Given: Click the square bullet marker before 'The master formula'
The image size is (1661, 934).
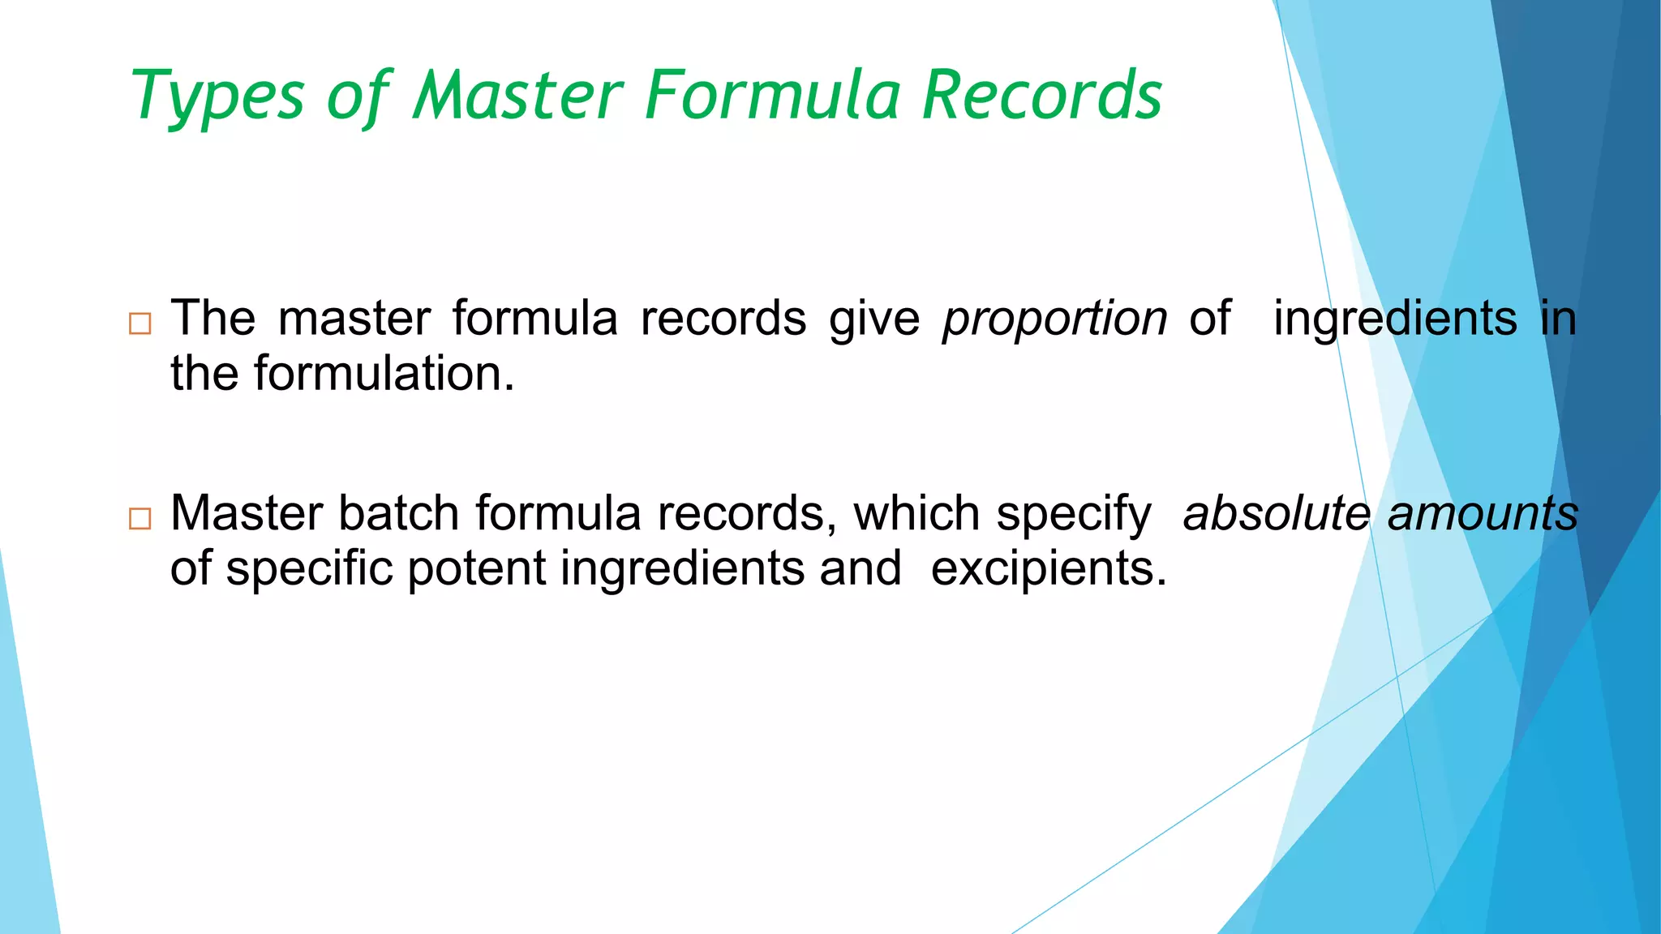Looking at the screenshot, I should (x=140, y=324).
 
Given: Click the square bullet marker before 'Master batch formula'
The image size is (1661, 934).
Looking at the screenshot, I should (x=140, y=518).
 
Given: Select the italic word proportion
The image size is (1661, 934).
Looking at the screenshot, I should (x=1054, y=319).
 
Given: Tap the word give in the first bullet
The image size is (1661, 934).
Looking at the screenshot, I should (x=874, y=319).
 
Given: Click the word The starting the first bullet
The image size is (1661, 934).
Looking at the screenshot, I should (x=212, y=319).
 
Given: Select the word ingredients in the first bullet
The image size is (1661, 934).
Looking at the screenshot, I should (x=1395, y=319).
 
